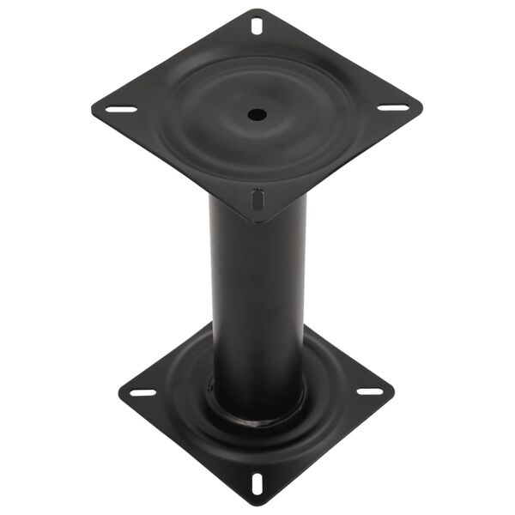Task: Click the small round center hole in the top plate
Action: tap(255, 113)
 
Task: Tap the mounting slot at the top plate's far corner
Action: tap(257, 26)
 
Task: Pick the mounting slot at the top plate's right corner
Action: tap(393, 108)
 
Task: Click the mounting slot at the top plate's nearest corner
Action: tap(256, 200)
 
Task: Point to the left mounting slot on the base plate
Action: tap(143, 392)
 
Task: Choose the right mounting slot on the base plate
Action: tap(370, 391)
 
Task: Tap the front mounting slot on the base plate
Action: tap(257, 482)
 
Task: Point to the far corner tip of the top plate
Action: tap(257, 9)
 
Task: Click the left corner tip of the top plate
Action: tap(92, 110)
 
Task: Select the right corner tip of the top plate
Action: tap(421, 108)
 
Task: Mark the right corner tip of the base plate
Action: tap(394, 391)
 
